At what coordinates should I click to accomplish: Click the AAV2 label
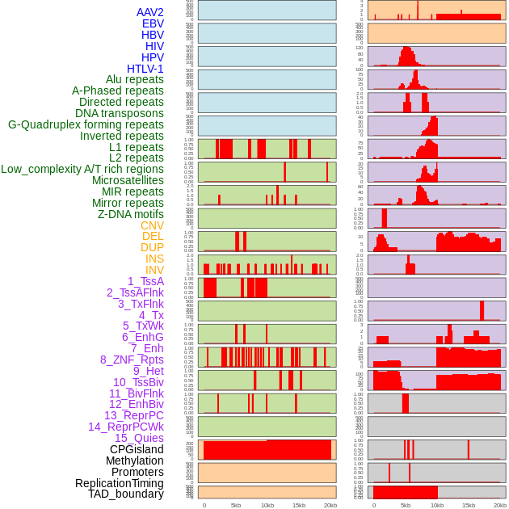pyautogui.click(x=149, y=13)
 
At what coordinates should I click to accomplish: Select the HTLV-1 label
pyautogui.click(x=145, y=69)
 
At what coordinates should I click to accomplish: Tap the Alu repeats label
pyautogui.click(x=135, y=80)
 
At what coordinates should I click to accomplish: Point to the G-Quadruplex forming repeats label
pyautogui.click(x=86, y=124)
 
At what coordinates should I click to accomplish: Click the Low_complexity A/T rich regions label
pyautogui.click(x=82, y=169)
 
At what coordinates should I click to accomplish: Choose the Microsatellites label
pyautogui.click(x=128, y=180)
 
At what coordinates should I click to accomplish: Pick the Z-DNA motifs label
pyautogui.click(x=130, y=214)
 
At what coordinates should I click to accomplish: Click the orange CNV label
pyautogui.click(x=152, y=225)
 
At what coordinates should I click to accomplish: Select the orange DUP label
pyautogui.click(x=152, y=247)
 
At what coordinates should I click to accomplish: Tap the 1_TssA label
pyautogui.click(x=145, y=281)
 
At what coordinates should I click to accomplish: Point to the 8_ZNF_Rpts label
pyautogui.click(x=132, y=360)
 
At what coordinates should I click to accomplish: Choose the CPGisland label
pyautogui.click(x=137, y=449)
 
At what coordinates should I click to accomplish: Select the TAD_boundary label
pyautogui.click(x=126, y=494)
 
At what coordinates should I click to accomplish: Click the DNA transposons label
pyautogui.click(x=120, y=113)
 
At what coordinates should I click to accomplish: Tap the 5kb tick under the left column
pyautogui.click(x=235, y=505)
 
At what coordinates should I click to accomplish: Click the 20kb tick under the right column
pyautogui.click(x=500, y=505)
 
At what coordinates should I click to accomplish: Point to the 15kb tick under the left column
pyautogui.click(x=298, y=505)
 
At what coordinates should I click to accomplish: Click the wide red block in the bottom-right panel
pyautogui.click(x=405, y=492)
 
